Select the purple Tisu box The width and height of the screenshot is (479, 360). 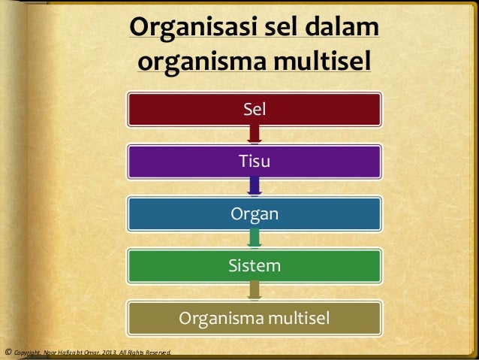tap(255, 161)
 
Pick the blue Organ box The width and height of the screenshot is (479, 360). tap(255, 214)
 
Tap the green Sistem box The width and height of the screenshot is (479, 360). tap(255, 265)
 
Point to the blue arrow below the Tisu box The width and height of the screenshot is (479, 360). tap(255, 186)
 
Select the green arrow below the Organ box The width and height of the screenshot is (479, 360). tap(255, 239)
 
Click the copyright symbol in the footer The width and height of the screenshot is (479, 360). tap(8, 351)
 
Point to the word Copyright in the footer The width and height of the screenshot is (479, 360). tap(28, 352)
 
